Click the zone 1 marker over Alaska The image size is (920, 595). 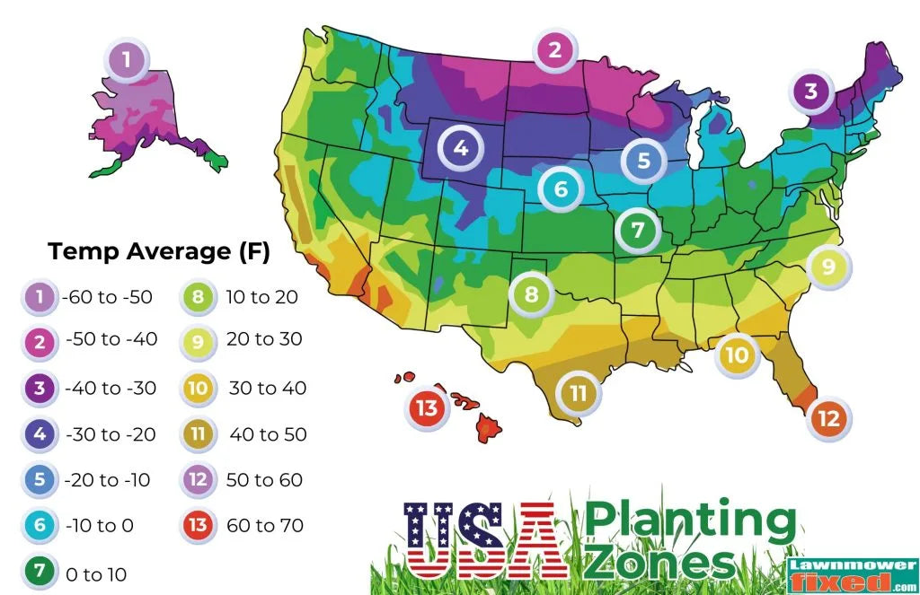point(127,61)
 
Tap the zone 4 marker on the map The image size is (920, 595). point(461,148)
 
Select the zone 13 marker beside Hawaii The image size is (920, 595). point(428,408)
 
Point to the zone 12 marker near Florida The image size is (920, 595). point(828,418)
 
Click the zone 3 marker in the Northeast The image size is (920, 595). point(811,92)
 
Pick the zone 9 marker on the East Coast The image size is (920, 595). point(828,266)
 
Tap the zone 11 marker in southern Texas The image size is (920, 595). point(578,392)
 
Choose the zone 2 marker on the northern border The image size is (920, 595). point(555,50)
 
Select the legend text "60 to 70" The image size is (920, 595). point(266,525)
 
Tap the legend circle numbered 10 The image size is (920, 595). point(199,389)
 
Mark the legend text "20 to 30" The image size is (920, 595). point(266,340)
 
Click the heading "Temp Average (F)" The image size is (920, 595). point(159,251)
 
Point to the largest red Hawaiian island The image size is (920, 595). point(489,426)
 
